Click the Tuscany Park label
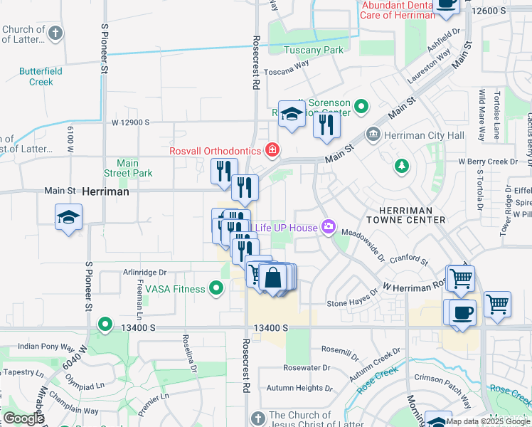314,50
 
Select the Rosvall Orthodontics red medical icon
271,150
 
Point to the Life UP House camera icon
328,227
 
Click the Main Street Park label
128,168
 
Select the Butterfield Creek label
41,76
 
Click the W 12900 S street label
129,122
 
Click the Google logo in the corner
23,418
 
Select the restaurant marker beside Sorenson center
326,125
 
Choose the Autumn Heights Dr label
294,389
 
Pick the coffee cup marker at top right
446,4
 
